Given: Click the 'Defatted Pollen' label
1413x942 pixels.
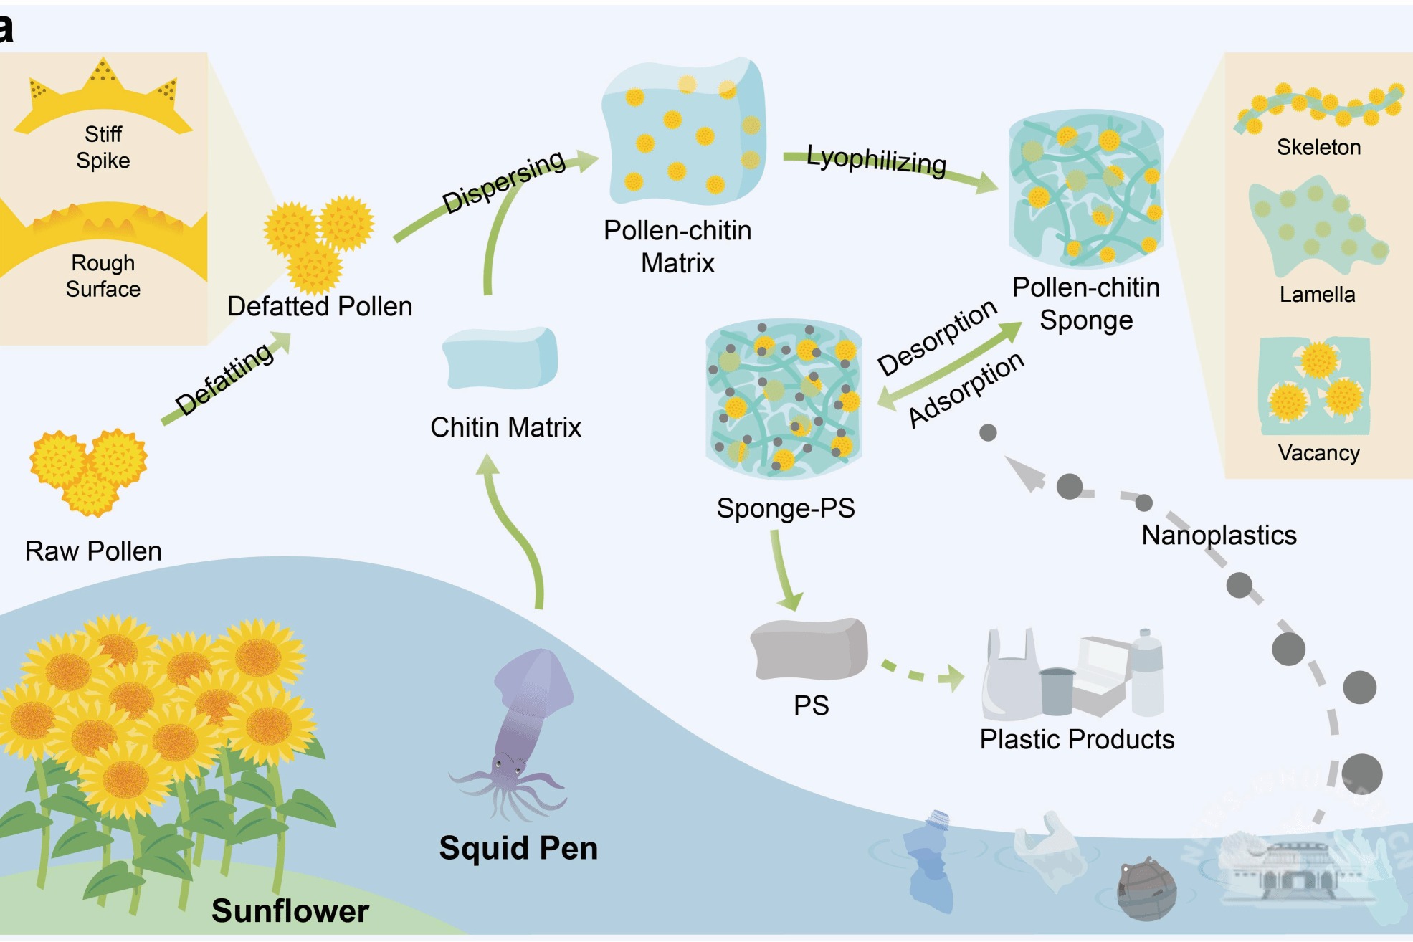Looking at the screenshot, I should pyautogui.click(x=319, y=307).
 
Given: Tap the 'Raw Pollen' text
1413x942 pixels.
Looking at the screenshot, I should pyautogui.click(x=93, y=551).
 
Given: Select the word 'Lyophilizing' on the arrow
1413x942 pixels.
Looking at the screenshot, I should pyautogui.click(x=876, y=160).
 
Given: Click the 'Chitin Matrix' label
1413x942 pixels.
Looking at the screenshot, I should pyautogui.click(x=505, y=428).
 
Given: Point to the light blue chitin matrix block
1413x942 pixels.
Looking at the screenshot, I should pyautogui.click(x=500, y=358).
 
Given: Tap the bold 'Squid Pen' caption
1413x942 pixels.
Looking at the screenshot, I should pyautogui.click(x=518, y=848).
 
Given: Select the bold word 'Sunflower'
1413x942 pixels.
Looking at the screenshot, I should pyautogui.click(x=290, y=911).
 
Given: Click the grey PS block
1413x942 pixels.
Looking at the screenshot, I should pyautogui.click(x=809, y=649).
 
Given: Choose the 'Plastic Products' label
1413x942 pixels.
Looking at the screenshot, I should pyautogui.click(x=1077, y=740).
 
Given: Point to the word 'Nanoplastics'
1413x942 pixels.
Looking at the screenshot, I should pyautogui.click(x=1219, y=536).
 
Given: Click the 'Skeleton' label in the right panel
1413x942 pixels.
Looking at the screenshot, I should pyautogui.click(x=1318, y=148).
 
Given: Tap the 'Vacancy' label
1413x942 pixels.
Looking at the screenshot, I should pyautogui.click(x=1318, y=453).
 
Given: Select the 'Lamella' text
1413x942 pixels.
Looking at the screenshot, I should pyautogui.click(x=1317, y=295).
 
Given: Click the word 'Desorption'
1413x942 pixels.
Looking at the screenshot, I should pyautogui.click(x=937, y=337).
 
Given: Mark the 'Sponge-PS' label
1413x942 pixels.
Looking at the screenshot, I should pyautogui.click(x=786, y=508).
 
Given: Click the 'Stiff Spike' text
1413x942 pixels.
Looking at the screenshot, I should pyautogui.click(x=103, y=147).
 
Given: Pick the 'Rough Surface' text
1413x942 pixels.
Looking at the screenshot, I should pyautogui.click(x=103, y=276).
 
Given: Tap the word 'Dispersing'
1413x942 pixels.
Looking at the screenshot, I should pyautogui.click(x=504, y=182).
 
